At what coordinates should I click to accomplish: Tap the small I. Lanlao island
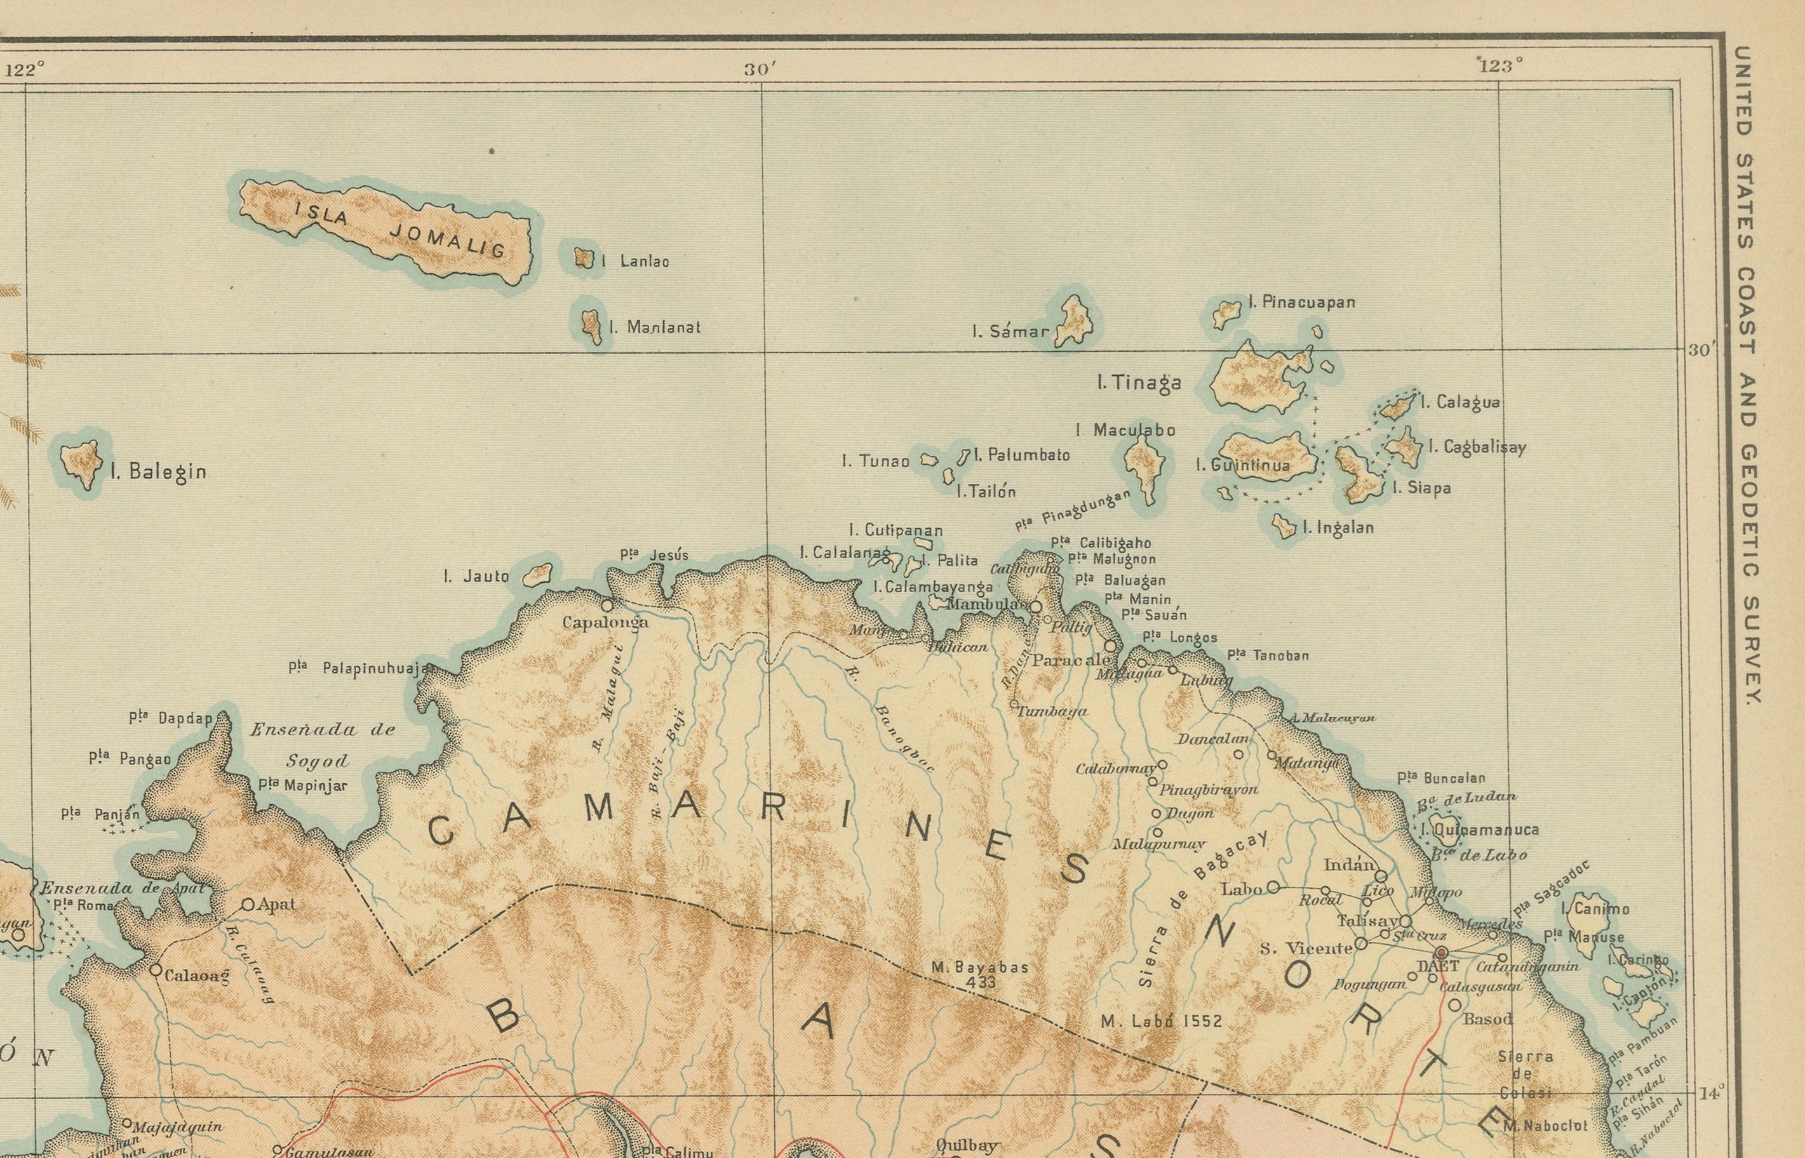pyautogui.click(x=584, y=258)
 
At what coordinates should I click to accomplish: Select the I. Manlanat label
pyautogui.click(x=654, y=328)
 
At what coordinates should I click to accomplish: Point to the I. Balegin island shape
pyautogui.click(x=81, y=462)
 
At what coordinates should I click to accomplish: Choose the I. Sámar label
pyautogui.click(x=1010, y=331)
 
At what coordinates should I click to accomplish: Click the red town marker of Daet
pyautogui.click(x=1441, y=952)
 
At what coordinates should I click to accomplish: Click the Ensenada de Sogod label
pyautogui.click(x=323, y=745)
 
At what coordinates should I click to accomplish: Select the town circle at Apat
pyautogui.click(x=248, y=904)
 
